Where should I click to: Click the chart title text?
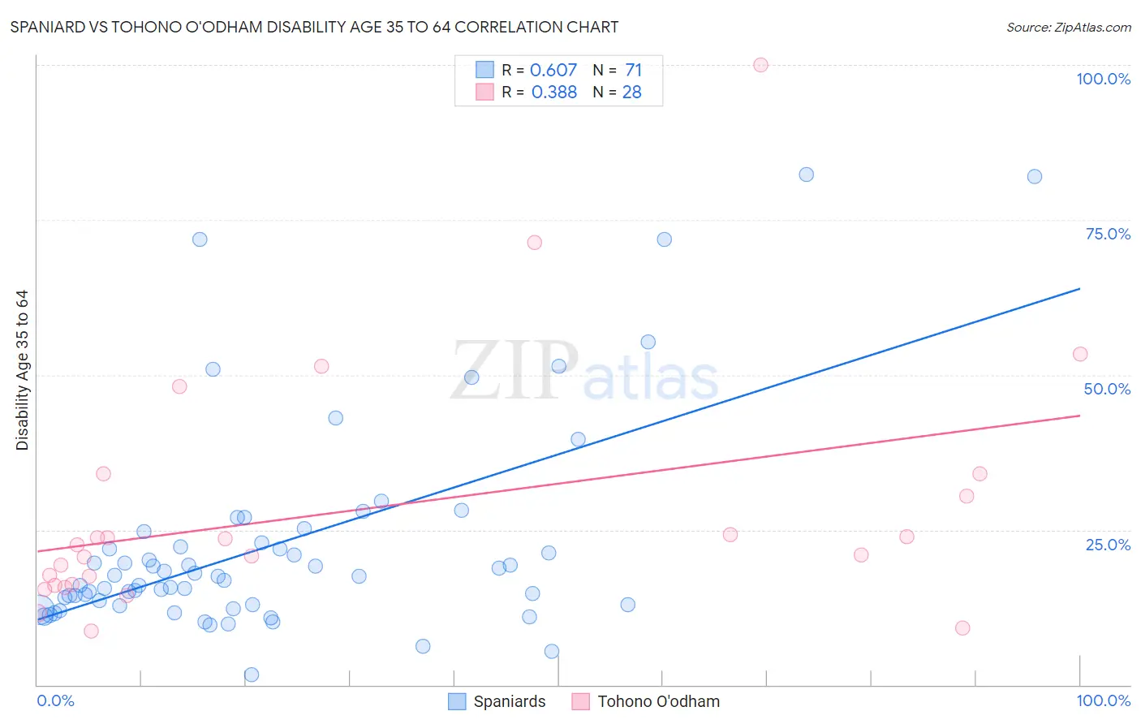click(314, 27)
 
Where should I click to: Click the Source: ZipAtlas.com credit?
click(1068, 27)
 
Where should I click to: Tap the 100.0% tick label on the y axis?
click(1103, 79)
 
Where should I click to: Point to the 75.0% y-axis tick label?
click(1108, 234)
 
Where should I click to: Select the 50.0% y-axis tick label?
click(1107, 389)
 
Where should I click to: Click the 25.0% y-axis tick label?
click(1108, 544)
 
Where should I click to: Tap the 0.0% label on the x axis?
click(55, 700)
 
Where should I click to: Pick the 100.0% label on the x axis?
click(1103, 700)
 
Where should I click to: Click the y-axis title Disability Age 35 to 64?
click(22, 370)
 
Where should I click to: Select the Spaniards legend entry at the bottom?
click(497, 701)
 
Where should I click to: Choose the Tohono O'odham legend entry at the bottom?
click(646, 701)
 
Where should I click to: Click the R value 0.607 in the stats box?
click(553, 70)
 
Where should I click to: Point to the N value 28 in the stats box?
click(631, 92)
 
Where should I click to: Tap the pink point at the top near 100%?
click(760, 65)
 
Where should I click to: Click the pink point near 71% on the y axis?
click(534, 242)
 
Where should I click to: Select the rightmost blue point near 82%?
click(1034, 176)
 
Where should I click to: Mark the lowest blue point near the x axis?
click(252, 674)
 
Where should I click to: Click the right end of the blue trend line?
click(1079, 288)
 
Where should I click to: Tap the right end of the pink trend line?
click(1079, 416)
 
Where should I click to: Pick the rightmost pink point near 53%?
click(1079, 354)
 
